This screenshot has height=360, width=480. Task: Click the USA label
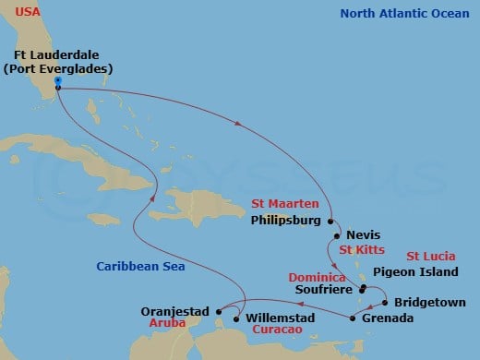pos(28,12)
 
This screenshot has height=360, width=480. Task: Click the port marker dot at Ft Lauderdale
pos(57,81)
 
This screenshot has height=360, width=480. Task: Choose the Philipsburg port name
pos(286,221)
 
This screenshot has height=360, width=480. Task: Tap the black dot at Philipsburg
pos(329,221)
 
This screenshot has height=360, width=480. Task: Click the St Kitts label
pos(360,249)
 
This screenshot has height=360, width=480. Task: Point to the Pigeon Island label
pos(415,272)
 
